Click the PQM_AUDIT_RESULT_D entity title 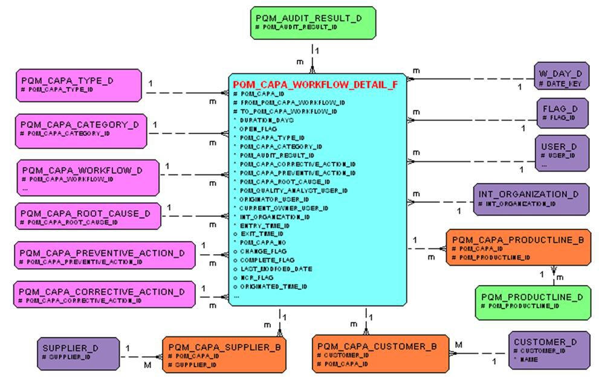click(x=308, y=18)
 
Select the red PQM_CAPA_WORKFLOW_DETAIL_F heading click(x=316, y=85)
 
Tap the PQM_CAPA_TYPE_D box click(x=79, y=85)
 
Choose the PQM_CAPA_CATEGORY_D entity click(x=80, y=130)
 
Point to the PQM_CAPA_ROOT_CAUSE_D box click(x=87, y=216)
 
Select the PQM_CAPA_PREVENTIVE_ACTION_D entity click(x=105, y=255)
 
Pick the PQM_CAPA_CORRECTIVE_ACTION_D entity click(x=105, y=294)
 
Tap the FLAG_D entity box click(x=562, y=113)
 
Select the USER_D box click(x=562, y=153)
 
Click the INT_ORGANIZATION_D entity click(x=531, y=199)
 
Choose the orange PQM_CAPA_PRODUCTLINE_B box click(x=517, y=247)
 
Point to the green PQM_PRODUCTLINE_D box click(x=533, y=302)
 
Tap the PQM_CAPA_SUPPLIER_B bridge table click(x=224, y=354)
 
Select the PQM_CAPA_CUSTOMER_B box click(x=380, y=354)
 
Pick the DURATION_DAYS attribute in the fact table click(x=265, y=120)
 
